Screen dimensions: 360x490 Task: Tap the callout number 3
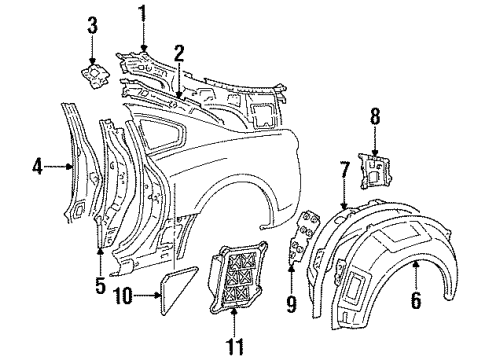92,23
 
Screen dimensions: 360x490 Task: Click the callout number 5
100,285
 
